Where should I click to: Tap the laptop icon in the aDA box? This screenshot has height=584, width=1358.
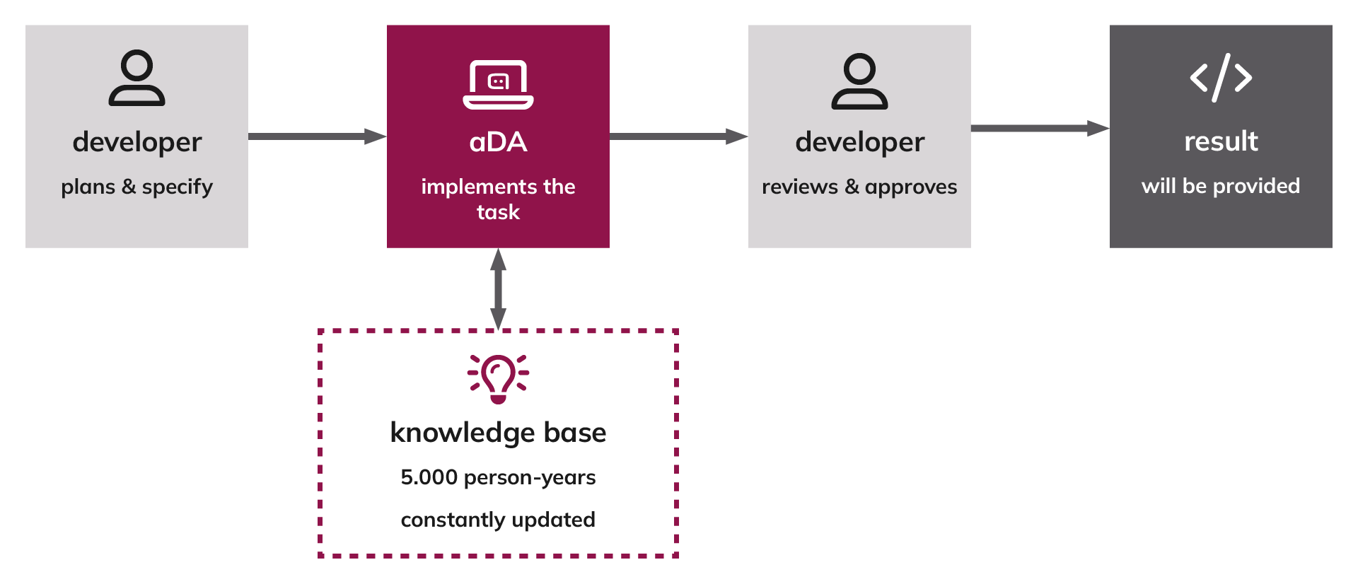498,85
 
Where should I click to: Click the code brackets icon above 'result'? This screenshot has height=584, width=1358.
1221,78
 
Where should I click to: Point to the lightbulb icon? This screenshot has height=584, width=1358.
498,379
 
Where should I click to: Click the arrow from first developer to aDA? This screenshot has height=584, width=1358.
318,136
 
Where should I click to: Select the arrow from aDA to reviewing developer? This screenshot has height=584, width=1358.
679,136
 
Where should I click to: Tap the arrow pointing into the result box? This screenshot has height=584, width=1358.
1040,129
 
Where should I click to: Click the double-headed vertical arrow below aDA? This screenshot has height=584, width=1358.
498,289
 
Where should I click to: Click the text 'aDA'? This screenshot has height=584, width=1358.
498,142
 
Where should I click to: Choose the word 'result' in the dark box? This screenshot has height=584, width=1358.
1221,141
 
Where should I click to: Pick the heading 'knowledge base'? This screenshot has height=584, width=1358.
498,433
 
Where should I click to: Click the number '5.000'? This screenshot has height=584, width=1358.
429,477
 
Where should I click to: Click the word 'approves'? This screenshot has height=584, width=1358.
910,187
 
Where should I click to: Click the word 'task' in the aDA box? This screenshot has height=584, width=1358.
498,212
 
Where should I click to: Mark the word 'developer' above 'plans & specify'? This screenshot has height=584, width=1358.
137,143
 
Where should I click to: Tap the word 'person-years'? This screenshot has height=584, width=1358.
530,478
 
